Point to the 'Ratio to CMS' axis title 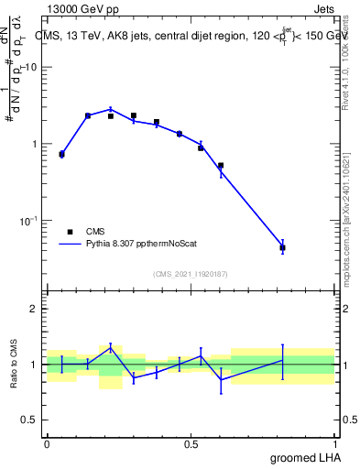click(14, 364)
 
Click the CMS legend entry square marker click(70, 232)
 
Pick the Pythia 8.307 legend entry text click(138, 245)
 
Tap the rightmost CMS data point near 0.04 click(283, 248)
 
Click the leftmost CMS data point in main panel click(61, 155)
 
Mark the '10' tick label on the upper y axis click(31, 67)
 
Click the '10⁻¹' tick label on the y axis click(30, 221)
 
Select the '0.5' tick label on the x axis click(191, 443)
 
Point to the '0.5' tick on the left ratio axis click(31, 420)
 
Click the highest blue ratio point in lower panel click(111, 347)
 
